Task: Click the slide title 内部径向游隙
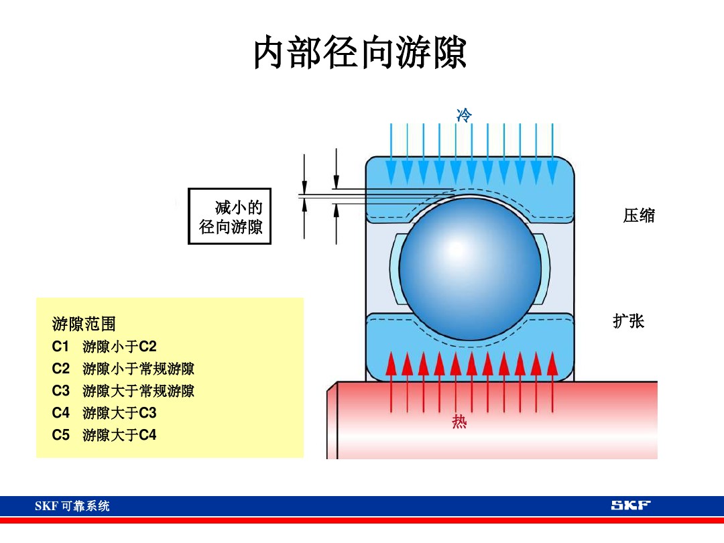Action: pyautogui.click(x=360, y=54)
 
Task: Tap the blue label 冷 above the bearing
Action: pyautogui.click(x=464, y=115)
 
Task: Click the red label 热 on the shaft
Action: pyautogui.click(x=459, y=422)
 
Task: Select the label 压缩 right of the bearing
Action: pyautogui.click(x=638, y=216)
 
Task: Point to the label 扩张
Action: pyautogui.click(x=628, y=321)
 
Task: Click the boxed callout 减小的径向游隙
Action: pyautogui.click(x=230, y=217)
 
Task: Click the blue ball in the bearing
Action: pyautogui.click(x=470, y=268)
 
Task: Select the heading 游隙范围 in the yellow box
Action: pyautogui.click(x=84, y=324)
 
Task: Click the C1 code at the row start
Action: pyautogui.click(x=60, y=347)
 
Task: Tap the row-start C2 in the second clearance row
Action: pyautogui.click(x=60, y=369)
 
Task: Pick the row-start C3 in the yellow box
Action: pyautogui.click(x=60, y=391)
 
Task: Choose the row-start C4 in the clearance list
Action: pyautogui.click(x=60, y=413)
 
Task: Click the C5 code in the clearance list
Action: pyautogui.click(x=60, y=435)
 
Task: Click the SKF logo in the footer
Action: pyautogui.click(x=630, y=505)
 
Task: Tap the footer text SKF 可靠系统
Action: pyautogui.click(x=72, y=506)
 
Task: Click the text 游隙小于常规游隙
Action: pyautogui.click(x=139, y=369)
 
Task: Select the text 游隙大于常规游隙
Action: pyautogui.click(x=139, y=391)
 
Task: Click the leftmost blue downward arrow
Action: pyautogui.click(x=391, y=154)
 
